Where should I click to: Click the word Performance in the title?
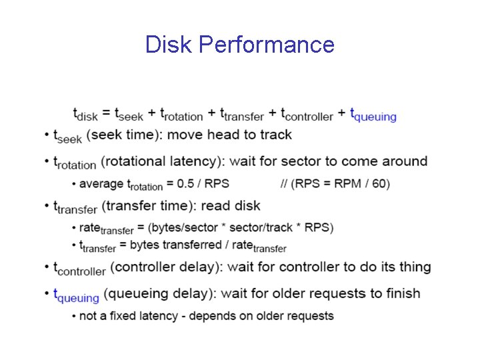point(267,45)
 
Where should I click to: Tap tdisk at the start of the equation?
point(85,115)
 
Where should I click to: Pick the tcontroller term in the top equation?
point(307,115)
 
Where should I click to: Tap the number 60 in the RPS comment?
point(378,183)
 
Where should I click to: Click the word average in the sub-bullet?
point(101,183)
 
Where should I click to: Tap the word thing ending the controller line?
point(415,267)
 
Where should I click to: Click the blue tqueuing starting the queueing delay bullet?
point(76,295)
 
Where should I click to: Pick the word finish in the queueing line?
point(401,293)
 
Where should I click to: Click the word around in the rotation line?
point(404,161)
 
